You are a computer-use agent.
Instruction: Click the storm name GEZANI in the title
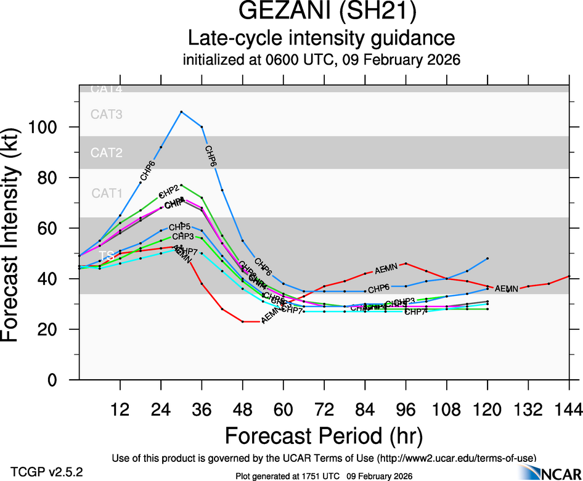[282, 12]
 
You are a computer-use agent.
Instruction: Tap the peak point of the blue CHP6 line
[181, 112]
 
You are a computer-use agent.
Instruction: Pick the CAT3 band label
[107, 114]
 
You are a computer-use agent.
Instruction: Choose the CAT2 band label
[107, 153]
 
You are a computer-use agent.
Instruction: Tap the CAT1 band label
[107, 194]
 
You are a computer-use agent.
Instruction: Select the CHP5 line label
[179, 228]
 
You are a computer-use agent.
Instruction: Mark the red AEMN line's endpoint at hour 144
[569, 276]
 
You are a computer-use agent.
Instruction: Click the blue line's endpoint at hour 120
[487, 258]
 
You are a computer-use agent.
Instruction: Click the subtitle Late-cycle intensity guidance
[322, 38]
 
